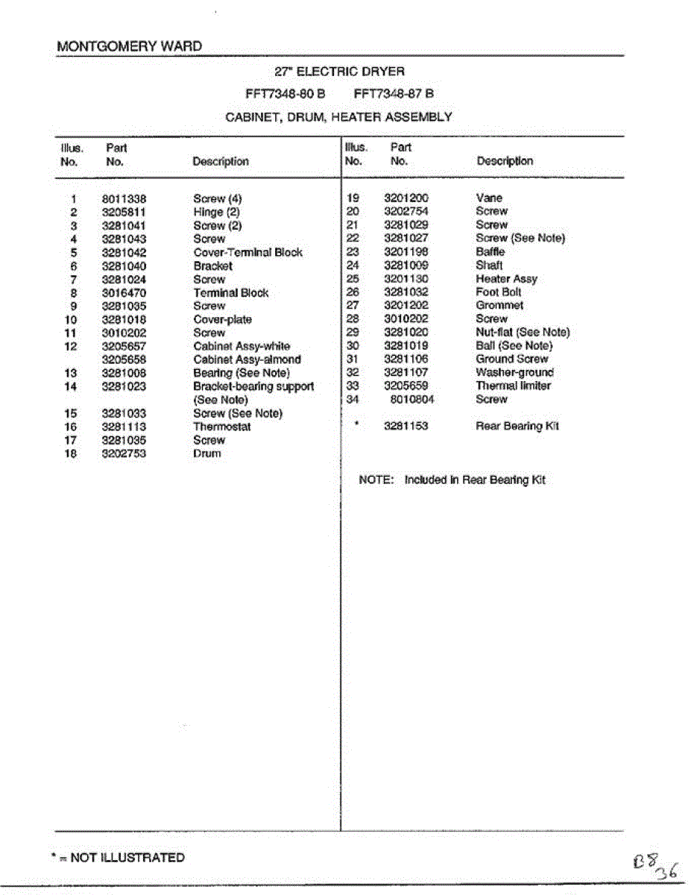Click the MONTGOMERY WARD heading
pos(129,46)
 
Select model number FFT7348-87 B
pos(394,94)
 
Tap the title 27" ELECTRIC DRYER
pos(339,72)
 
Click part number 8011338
pos(124,199)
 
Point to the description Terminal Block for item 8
pos(231,293)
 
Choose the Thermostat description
pos(222,427)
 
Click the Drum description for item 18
pos(207,453)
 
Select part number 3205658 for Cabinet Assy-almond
pos(124,359)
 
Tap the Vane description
pos(489,198)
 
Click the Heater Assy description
pos(506,279)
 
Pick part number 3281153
pos(406,427)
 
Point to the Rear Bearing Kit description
pos(517,427)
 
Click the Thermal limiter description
pos(514,386)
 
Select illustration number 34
pos(353,399)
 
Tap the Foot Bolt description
pos(499,292)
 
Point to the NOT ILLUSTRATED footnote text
pos(127,858)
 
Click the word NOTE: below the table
pos(376,480)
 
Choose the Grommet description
pos(499,306)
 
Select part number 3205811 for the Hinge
pos(124,213)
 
